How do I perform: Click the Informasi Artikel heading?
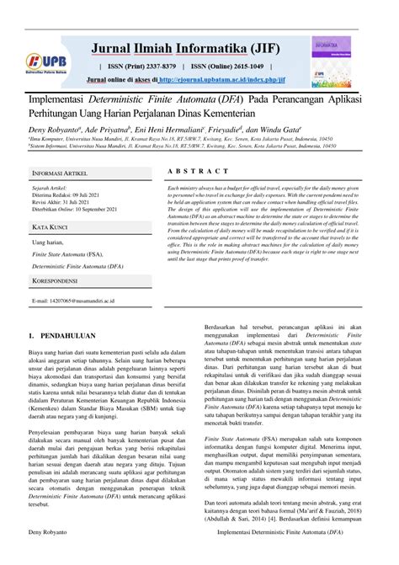65,173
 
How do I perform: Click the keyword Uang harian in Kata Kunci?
50,242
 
